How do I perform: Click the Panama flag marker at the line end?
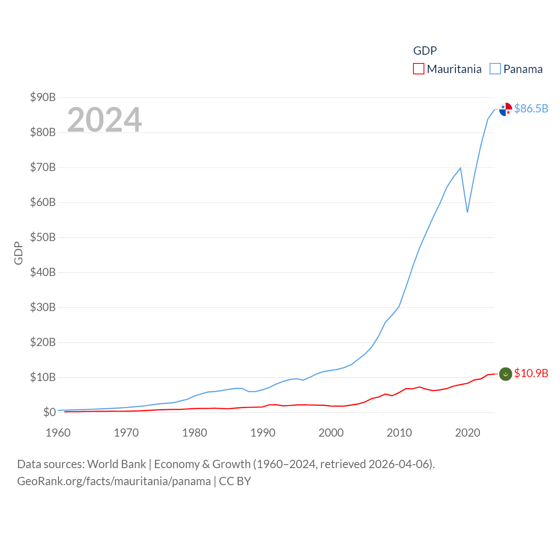(x=506, y=109)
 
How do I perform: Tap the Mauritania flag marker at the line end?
(x=506, y=374)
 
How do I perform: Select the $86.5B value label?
(x=531, y=108)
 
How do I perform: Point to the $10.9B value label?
(x=531, y=373)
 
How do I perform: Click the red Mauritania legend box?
(x=419, y=69)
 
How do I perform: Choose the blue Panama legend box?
(x=495, y=69)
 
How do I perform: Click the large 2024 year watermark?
(x=105, y=119)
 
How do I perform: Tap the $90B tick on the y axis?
(x=43, y=97)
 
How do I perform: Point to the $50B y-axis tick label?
(x=43, y=237)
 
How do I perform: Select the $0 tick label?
(x=49, y=412)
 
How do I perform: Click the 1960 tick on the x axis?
(x=58, y=433)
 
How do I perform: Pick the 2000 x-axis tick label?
(x=331, y=433)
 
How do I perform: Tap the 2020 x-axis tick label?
(x=468, y=433)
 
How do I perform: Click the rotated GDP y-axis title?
(x=18, y=253)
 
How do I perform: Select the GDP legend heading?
(x=425, y=51)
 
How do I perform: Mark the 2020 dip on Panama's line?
(x=467, y=212)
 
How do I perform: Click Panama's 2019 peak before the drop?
(x=460, y=168)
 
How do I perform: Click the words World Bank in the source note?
(x=117, y=464)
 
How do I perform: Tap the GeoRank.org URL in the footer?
(x=114, y=481)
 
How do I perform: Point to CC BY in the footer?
(x=235, y=481)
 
